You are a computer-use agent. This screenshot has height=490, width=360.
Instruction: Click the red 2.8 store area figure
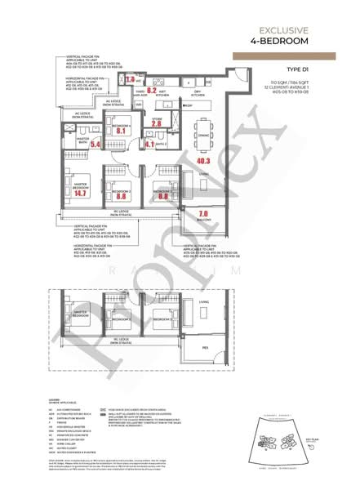pos(157,122)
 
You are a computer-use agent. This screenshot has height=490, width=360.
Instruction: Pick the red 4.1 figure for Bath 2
pos(149,143)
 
